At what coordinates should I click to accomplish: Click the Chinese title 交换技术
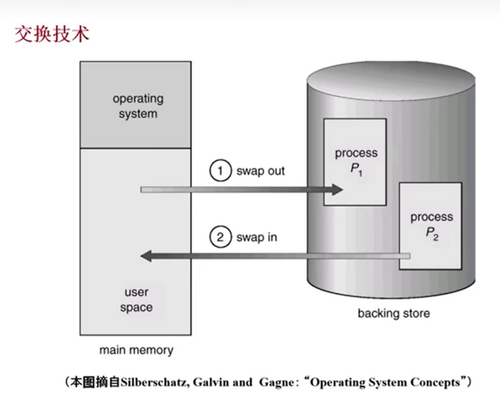click(x=52, y=35)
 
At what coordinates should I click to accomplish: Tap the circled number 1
click(x=220, y=171)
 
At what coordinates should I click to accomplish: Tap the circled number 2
click(x=220, y=237)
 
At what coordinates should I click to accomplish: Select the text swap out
click(x=260, y=171)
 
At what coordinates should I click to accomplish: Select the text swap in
click(x=256, y=237)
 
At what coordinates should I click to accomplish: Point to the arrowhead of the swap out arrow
click(x=337, y=190)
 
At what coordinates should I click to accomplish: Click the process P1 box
click(x=355, y=162)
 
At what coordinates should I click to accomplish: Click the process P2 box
click(x=431, y=225)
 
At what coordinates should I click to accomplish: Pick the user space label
click(x=136, y=300)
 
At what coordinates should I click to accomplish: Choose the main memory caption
click(x=136, y=351)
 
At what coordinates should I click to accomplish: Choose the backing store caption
click(x=393, y=313)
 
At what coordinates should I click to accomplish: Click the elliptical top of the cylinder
click(x=390, y=78)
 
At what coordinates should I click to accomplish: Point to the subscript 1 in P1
click(x=360, y=173)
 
